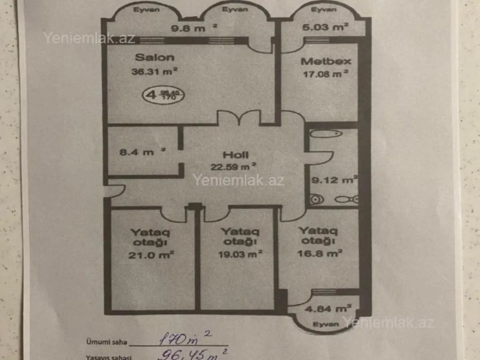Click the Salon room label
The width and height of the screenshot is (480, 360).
(x=154, y=57)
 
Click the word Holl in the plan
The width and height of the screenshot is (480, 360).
(x=235, y=155)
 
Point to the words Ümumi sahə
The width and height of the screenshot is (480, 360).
(x=103, y=342)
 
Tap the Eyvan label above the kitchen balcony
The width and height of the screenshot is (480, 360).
(x=323, y=9)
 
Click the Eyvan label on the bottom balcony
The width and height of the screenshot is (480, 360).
(x=326, y=324)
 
